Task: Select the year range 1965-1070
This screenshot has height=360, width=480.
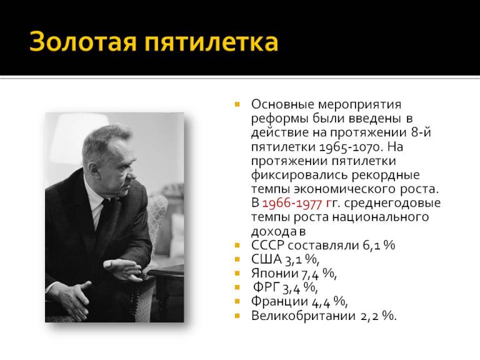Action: (x=350, y=147)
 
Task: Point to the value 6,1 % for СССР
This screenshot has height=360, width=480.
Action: (x=379, y=245)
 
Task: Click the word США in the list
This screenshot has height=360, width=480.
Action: (x=265, y=259)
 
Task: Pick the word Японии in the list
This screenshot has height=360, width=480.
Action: (x=272, y=273)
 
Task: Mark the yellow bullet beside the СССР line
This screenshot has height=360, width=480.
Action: (x=237, y=245)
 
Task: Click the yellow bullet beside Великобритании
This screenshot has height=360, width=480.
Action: (x=237, y=316)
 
